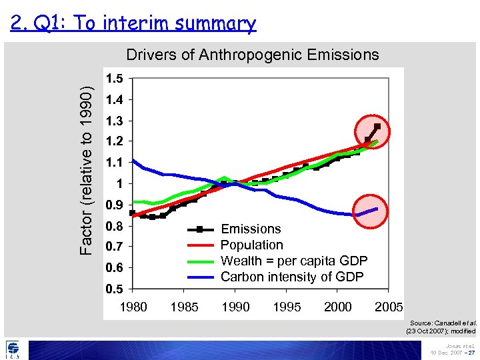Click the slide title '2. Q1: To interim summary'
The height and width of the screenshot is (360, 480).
(133, 24)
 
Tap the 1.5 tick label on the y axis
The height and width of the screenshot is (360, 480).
(114, 79)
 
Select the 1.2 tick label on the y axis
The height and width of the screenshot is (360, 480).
(114, 141)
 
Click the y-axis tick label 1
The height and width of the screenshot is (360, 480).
(118, 183)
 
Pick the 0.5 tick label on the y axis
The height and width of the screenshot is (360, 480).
(114, 289)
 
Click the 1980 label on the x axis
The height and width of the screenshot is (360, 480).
(133, 307)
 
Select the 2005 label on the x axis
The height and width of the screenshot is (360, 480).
(389, 307)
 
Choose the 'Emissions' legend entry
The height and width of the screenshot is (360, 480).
(251, 229)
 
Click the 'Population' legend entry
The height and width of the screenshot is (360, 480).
(251, 245)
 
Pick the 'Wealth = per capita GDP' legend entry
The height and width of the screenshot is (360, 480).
(293, 261)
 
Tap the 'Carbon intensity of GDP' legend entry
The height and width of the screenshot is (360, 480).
(292, 277)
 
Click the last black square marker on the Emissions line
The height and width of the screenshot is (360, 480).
(377, 126)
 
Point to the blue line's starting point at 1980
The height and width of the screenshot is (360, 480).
(133, 160)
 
